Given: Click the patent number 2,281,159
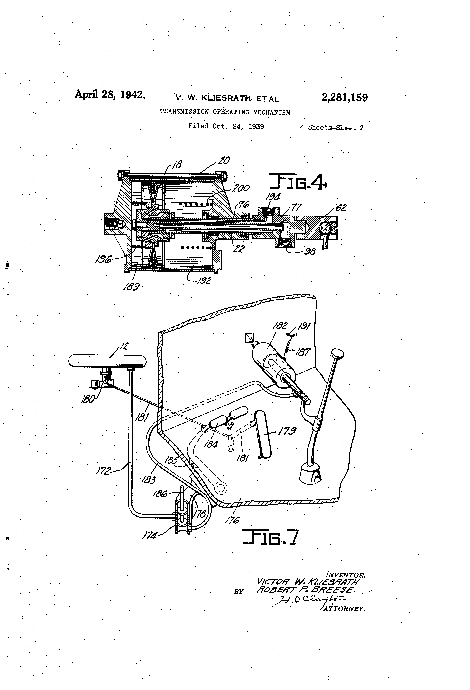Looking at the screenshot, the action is [x=345, y=98].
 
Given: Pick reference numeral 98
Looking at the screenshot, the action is [x=310, y=252].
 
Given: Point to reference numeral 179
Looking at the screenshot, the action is [x=287, y=431].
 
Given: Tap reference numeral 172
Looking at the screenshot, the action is [x=103, y=471].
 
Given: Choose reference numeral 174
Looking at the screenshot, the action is [x=150, y=535].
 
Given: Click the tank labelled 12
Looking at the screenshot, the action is [x=108, y=361].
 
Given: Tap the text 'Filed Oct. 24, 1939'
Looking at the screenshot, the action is [x=226, y=126].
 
